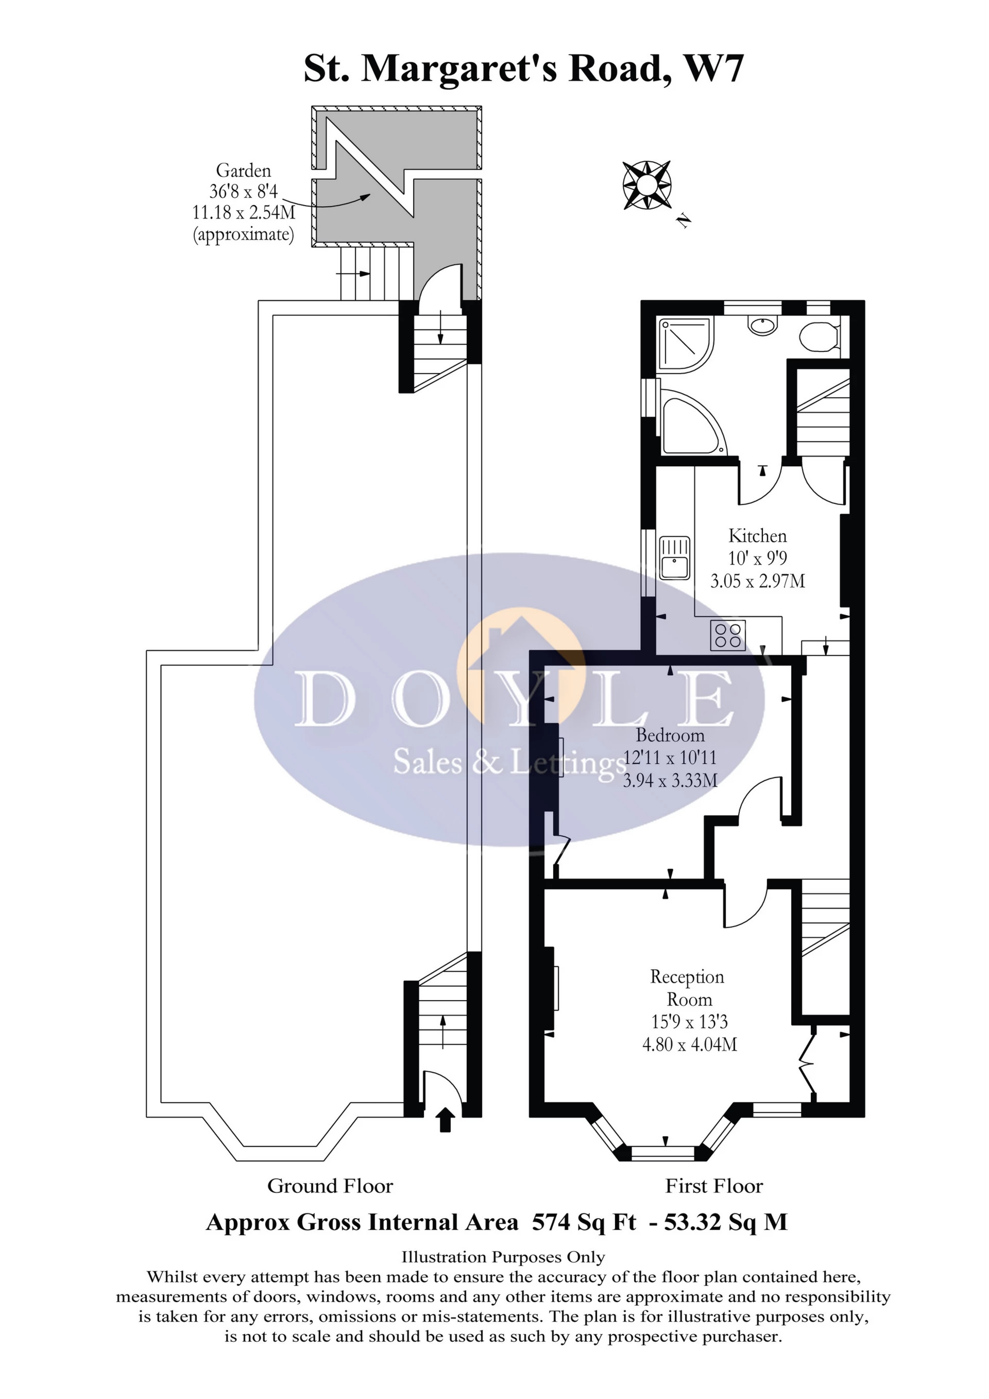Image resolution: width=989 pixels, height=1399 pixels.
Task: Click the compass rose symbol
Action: click(647, 186)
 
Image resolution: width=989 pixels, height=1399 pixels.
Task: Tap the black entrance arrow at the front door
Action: click(446, 1120)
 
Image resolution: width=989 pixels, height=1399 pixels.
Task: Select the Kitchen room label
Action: click(758, 536)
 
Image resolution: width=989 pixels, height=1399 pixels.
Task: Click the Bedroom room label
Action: click(670, 735)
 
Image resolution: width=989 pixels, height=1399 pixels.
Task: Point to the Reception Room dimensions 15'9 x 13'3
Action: click(689, 1022)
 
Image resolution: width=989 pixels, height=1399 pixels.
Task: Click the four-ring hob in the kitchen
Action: click(728, 635)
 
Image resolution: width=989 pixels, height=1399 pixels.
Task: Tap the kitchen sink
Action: click(674, 558)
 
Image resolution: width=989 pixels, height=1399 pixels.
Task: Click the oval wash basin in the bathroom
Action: click(764, 326)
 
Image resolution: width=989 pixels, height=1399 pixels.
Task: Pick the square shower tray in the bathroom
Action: click(685, 345)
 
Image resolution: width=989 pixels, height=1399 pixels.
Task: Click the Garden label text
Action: click(243, 171)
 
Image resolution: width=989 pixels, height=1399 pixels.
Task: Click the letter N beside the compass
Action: click(685, 220)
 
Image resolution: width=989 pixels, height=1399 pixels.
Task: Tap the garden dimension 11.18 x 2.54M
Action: click(244, 213)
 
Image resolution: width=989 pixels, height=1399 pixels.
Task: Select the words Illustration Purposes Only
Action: click(503, 1257)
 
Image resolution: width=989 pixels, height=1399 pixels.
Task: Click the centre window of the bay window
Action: click(662, 1152)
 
